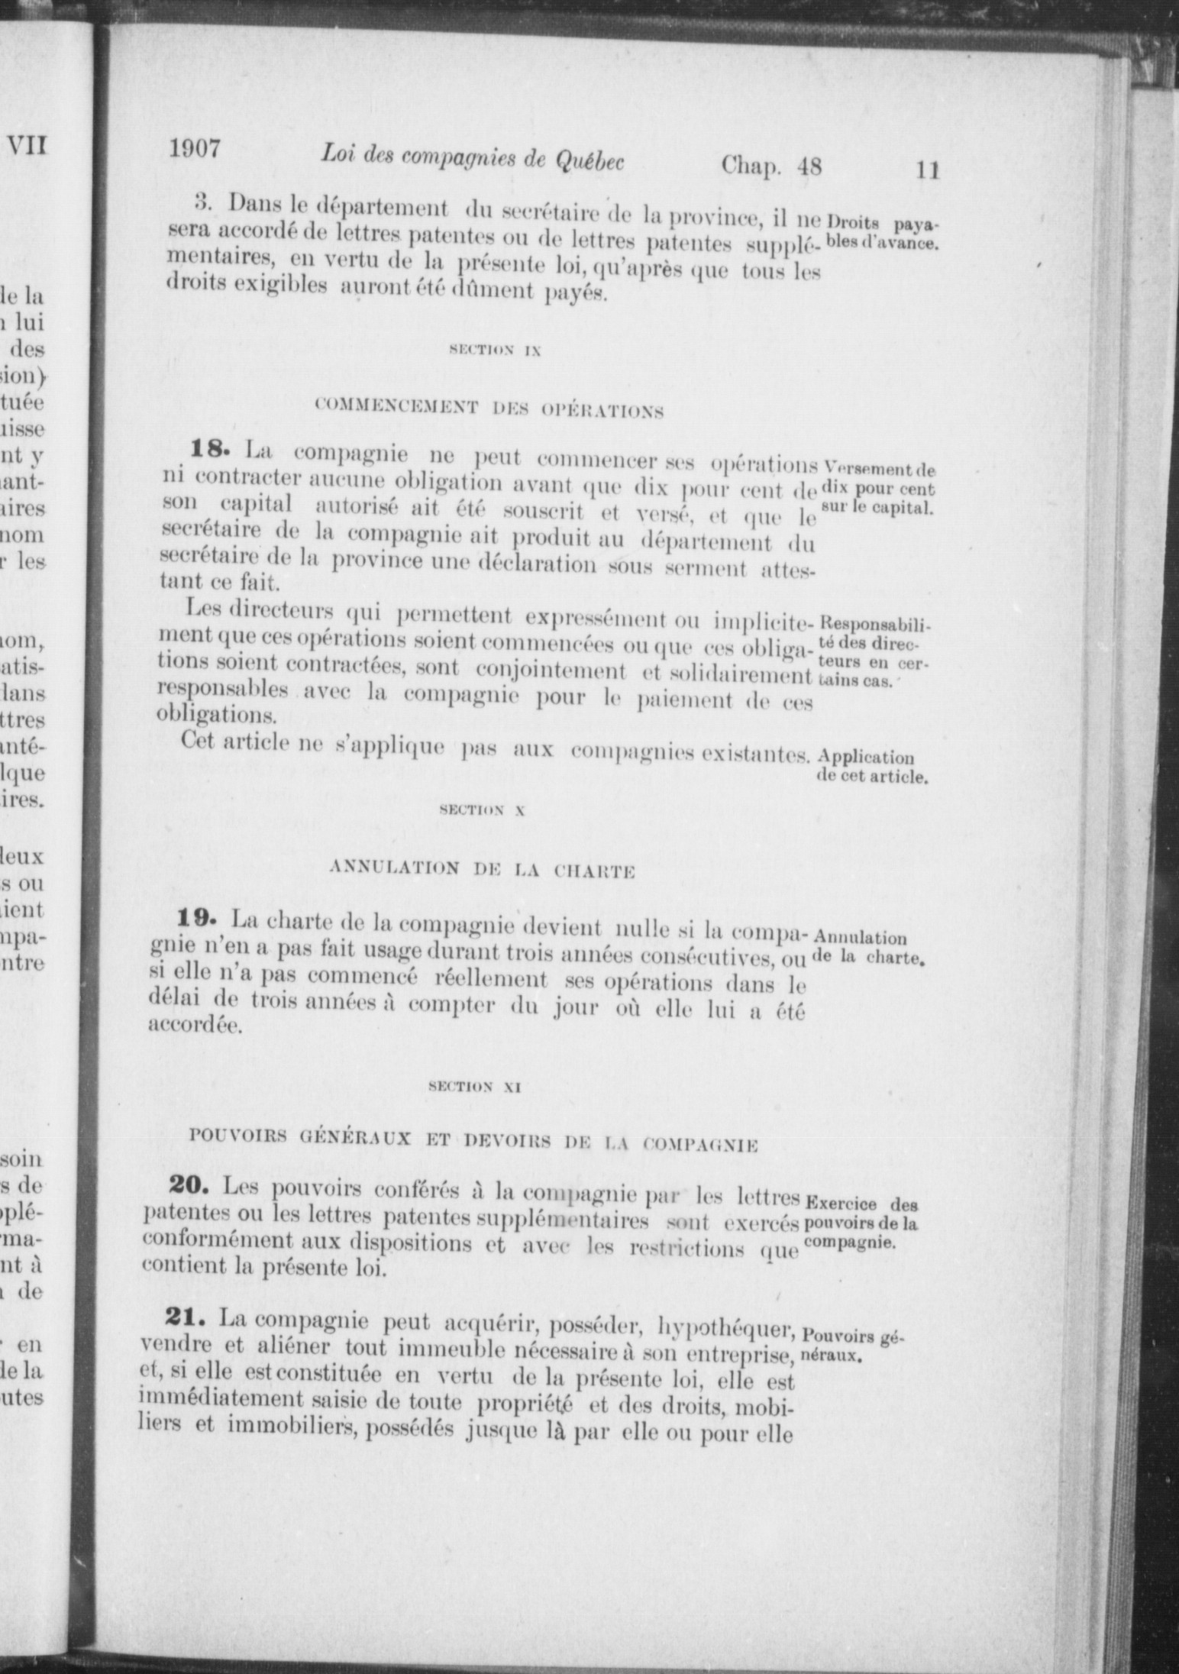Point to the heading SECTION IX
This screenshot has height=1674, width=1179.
[495, 351]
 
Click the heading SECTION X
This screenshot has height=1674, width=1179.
[482, 811]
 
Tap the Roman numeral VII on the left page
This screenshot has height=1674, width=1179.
[26, 144]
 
